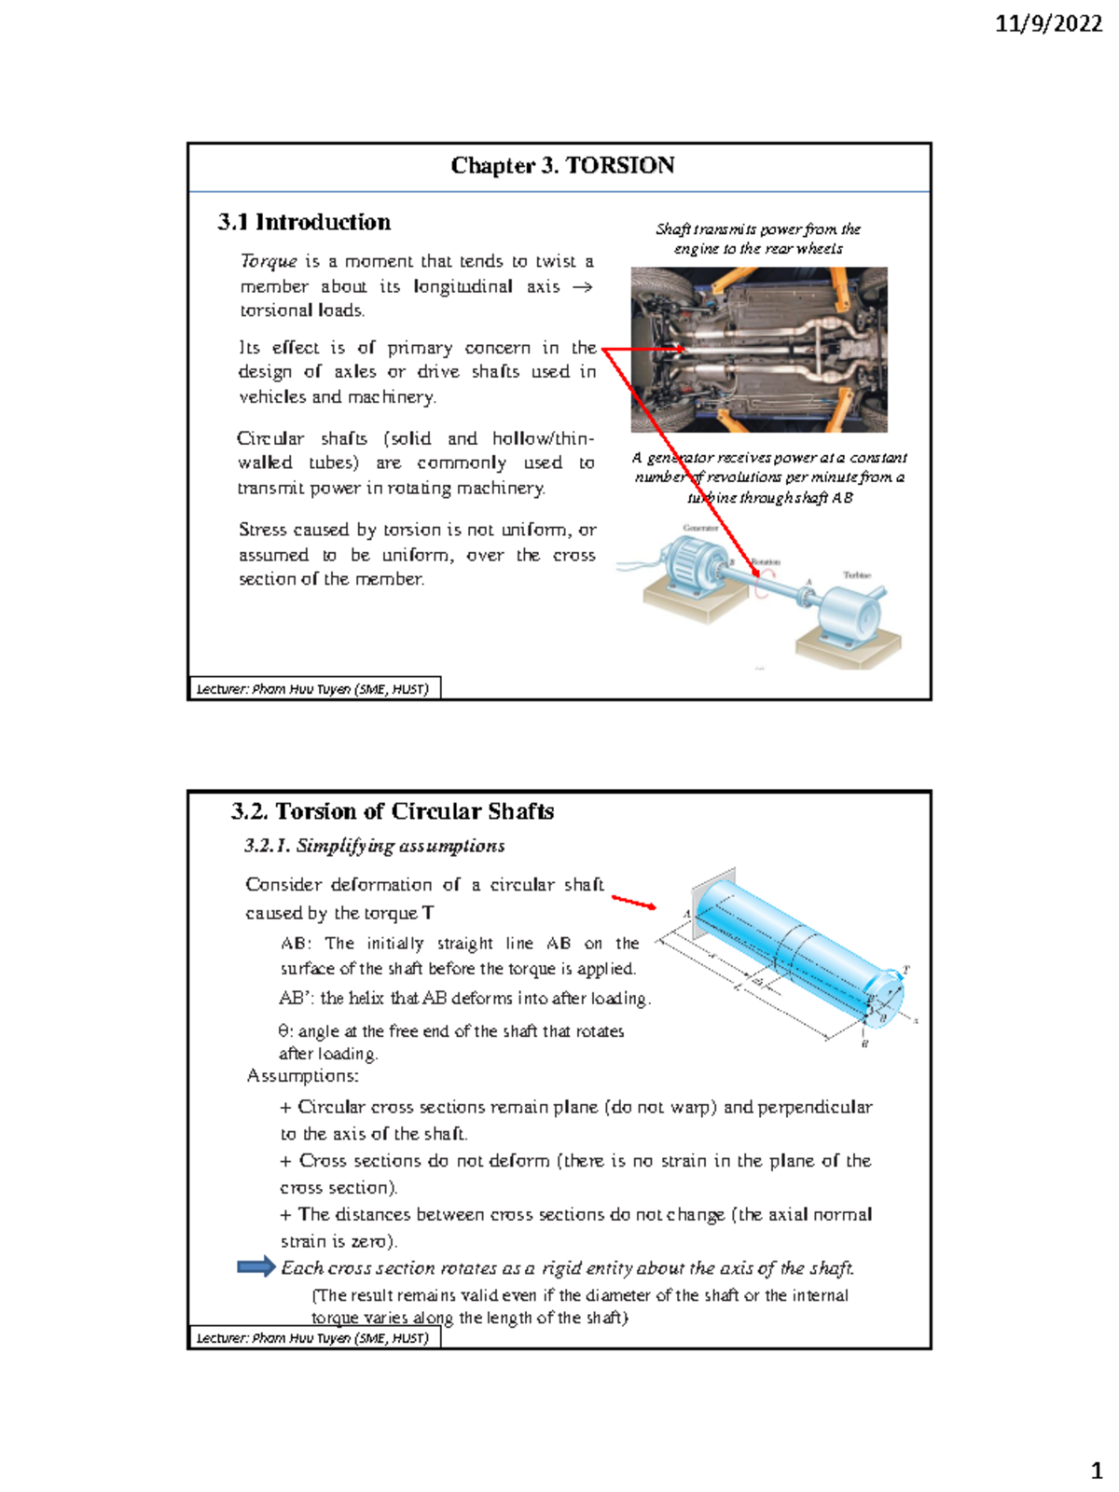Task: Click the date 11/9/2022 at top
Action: tap(1048, 24)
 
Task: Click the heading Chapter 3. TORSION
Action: tap(562, 166)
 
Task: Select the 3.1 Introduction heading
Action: tap(304, 222)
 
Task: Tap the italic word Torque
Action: tap(269, 261)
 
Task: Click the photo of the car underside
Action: tap(758, 350)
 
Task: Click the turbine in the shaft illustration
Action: tap(849, 615)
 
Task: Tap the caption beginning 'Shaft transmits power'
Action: tap(757, 239)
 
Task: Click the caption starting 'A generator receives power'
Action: tap(768, 477)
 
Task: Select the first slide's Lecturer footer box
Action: tap(313, 689)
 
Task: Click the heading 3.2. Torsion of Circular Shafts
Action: tap(393, 811)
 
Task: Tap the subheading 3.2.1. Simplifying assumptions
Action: tap(374, 846)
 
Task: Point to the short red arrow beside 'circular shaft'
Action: tap(634, 902)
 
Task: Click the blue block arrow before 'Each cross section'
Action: tap(256, 1266)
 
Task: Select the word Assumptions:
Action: tap(302, 1076)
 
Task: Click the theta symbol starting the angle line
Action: tap(284, 1031)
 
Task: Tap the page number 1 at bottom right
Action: tap(1097, 1471)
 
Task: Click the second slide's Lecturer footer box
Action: tap(313, 1338)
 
